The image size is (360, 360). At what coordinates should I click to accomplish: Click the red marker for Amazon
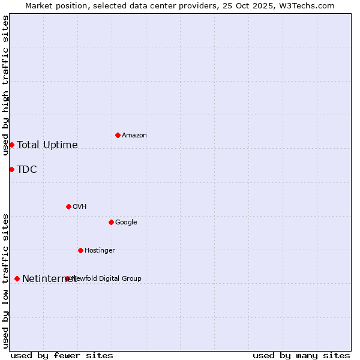coord(118,135)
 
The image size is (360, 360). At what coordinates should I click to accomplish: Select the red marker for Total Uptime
coord(11,145)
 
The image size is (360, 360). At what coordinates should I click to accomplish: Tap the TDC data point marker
coord(11,169)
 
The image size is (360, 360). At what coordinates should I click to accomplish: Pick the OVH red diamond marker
coord(68,206)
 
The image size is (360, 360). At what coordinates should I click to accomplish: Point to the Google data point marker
coord(111,222)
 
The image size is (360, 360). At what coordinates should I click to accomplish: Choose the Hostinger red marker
coord(80,250)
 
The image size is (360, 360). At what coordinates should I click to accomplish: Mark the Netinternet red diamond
coord(17,278)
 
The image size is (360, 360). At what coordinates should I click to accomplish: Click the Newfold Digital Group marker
coord(68,278)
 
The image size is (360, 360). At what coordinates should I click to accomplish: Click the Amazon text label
coord(134,135)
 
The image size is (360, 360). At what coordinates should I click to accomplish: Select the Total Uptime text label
coord(47,145)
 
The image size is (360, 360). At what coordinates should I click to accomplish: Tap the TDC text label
coord(27,169)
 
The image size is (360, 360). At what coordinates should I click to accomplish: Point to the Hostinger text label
coord(100,250)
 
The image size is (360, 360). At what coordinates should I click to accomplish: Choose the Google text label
coord(126,222)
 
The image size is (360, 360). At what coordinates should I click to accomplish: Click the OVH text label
coord(80,206)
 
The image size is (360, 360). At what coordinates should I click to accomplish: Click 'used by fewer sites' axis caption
coord(62,355)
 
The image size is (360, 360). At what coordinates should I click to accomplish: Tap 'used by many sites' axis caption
coord(301,355)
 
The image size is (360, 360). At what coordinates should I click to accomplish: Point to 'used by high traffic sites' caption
coord(5,85)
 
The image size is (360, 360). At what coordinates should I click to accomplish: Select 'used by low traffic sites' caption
coord(5,281)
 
